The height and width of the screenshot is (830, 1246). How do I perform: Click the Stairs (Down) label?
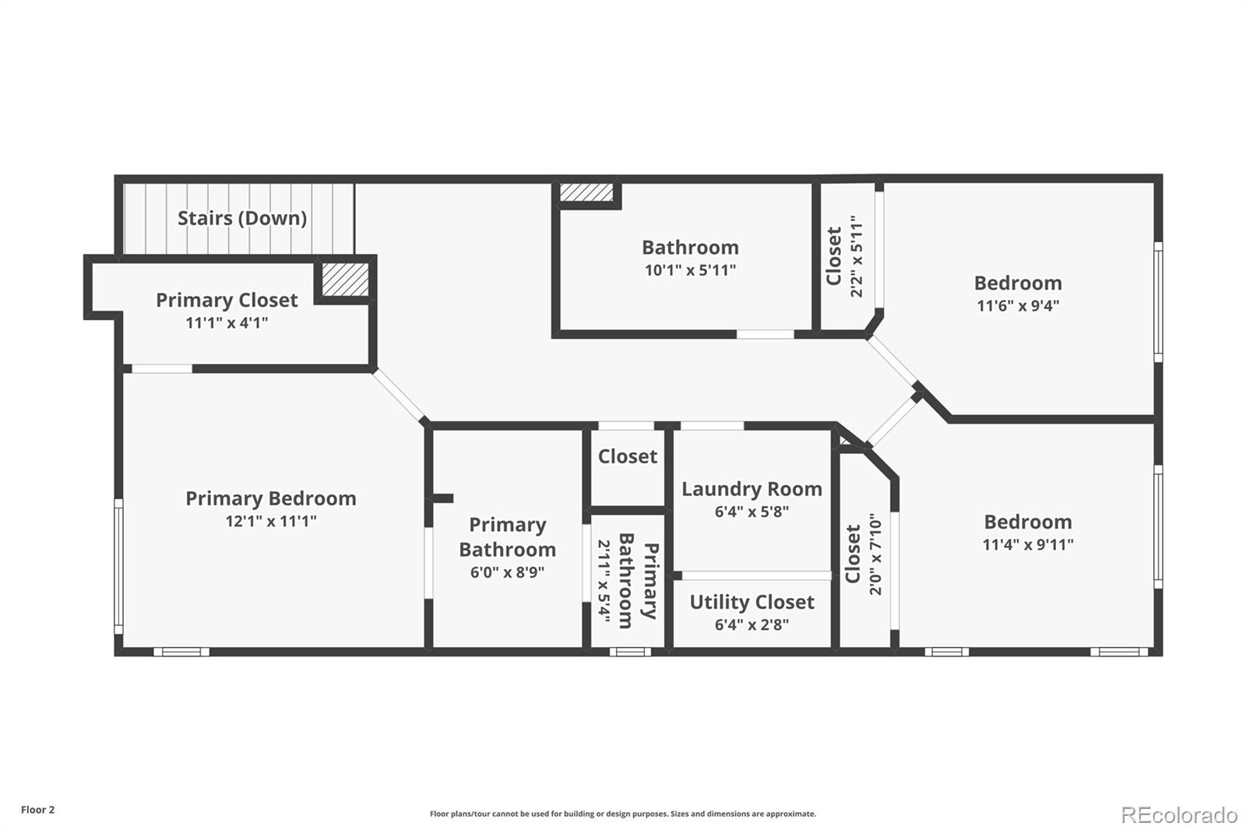point(241,218)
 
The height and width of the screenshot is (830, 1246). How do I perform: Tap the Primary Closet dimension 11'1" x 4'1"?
point(227,322)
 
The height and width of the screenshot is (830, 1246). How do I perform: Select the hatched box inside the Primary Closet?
point(345,280)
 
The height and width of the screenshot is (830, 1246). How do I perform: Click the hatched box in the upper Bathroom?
point(586,192)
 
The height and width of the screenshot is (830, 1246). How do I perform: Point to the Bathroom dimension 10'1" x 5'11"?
point(690,270)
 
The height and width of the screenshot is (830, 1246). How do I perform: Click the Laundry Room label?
point(751,489)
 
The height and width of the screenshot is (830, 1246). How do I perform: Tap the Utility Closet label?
point(751,602)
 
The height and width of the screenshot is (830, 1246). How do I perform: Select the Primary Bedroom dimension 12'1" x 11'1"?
point(270,521)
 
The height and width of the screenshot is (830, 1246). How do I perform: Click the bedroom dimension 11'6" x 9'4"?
point(1018,305)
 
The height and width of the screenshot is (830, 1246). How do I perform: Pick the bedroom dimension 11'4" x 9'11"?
point(1027,544)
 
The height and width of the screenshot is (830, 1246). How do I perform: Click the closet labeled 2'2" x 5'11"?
point(845,256)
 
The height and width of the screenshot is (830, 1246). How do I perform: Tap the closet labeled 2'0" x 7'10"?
point(864,554)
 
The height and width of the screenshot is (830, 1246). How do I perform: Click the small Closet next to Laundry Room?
point(627,456)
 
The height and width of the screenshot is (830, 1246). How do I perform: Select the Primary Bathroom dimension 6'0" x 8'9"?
point(507,572)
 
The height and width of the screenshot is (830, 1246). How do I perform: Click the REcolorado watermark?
point(1178,814)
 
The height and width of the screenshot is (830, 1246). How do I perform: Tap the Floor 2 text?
point(37,810)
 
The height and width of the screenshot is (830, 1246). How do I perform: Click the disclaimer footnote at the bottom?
point(623,814)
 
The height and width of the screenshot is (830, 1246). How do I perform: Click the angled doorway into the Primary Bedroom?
point(399,395)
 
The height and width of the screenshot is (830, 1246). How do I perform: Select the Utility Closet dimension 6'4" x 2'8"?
point(751,624)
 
